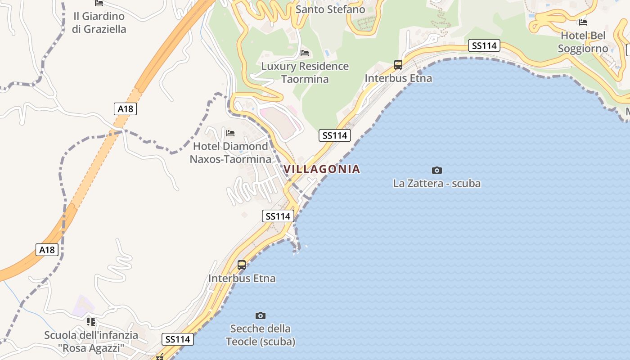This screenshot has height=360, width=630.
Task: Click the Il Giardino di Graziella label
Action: pos(99,22)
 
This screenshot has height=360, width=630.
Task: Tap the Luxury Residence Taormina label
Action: pos(305,72)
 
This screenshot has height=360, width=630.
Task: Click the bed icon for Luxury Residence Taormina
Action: pos(305,53)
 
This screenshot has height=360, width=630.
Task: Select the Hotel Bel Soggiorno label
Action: pos(583,42)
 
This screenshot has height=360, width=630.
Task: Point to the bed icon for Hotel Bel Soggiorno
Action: pos(583,22)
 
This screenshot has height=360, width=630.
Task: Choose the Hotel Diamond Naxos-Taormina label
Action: pos(230,153)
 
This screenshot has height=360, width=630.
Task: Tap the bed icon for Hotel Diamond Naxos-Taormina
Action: pos(230,133)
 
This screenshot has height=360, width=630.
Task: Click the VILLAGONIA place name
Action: pos(322,169)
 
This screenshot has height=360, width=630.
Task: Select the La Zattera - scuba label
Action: pos(436,183)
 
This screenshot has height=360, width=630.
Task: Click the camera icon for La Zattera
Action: pos(436,170)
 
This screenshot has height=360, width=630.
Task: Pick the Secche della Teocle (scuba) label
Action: pos(261,335)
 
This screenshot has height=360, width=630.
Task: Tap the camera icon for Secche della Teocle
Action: pos(260,315)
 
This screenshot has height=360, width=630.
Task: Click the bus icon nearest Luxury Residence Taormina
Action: pos(398,65)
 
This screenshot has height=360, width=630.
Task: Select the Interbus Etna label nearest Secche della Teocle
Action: pos(242,278)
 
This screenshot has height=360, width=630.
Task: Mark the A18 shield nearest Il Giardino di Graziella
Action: pos(125,108)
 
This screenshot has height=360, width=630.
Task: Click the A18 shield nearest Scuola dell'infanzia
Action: pos(47,250)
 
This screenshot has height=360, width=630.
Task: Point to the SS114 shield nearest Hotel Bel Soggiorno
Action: pos(484,45)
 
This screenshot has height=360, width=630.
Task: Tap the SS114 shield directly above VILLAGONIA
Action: pos(335,135)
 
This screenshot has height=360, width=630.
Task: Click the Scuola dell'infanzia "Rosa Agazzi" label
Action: pos(91,342)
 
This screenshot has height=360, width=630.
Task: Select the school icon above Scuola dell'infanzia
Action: pos(91,322)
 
